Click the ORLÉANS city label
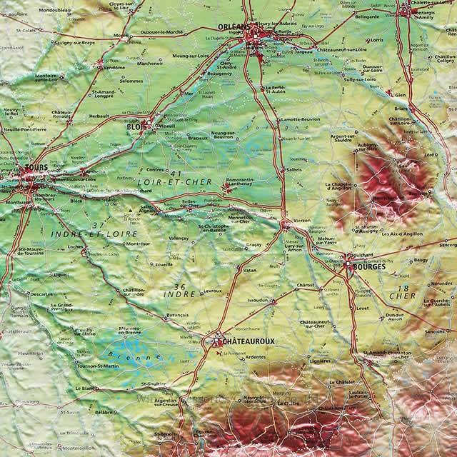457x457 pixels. [233, 28]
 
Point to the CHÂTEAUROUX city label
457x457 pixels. [250, 341]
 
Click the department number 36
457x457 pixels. [181, 285]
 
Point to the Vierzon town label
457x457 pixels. [301, 221]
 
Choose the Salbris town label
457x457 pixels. [293, 170]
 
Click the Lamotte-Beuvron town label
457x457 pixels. [300, 119]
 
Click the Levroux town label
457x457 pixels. [213, 291]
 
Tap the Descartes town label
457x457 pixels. [42, 293]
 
